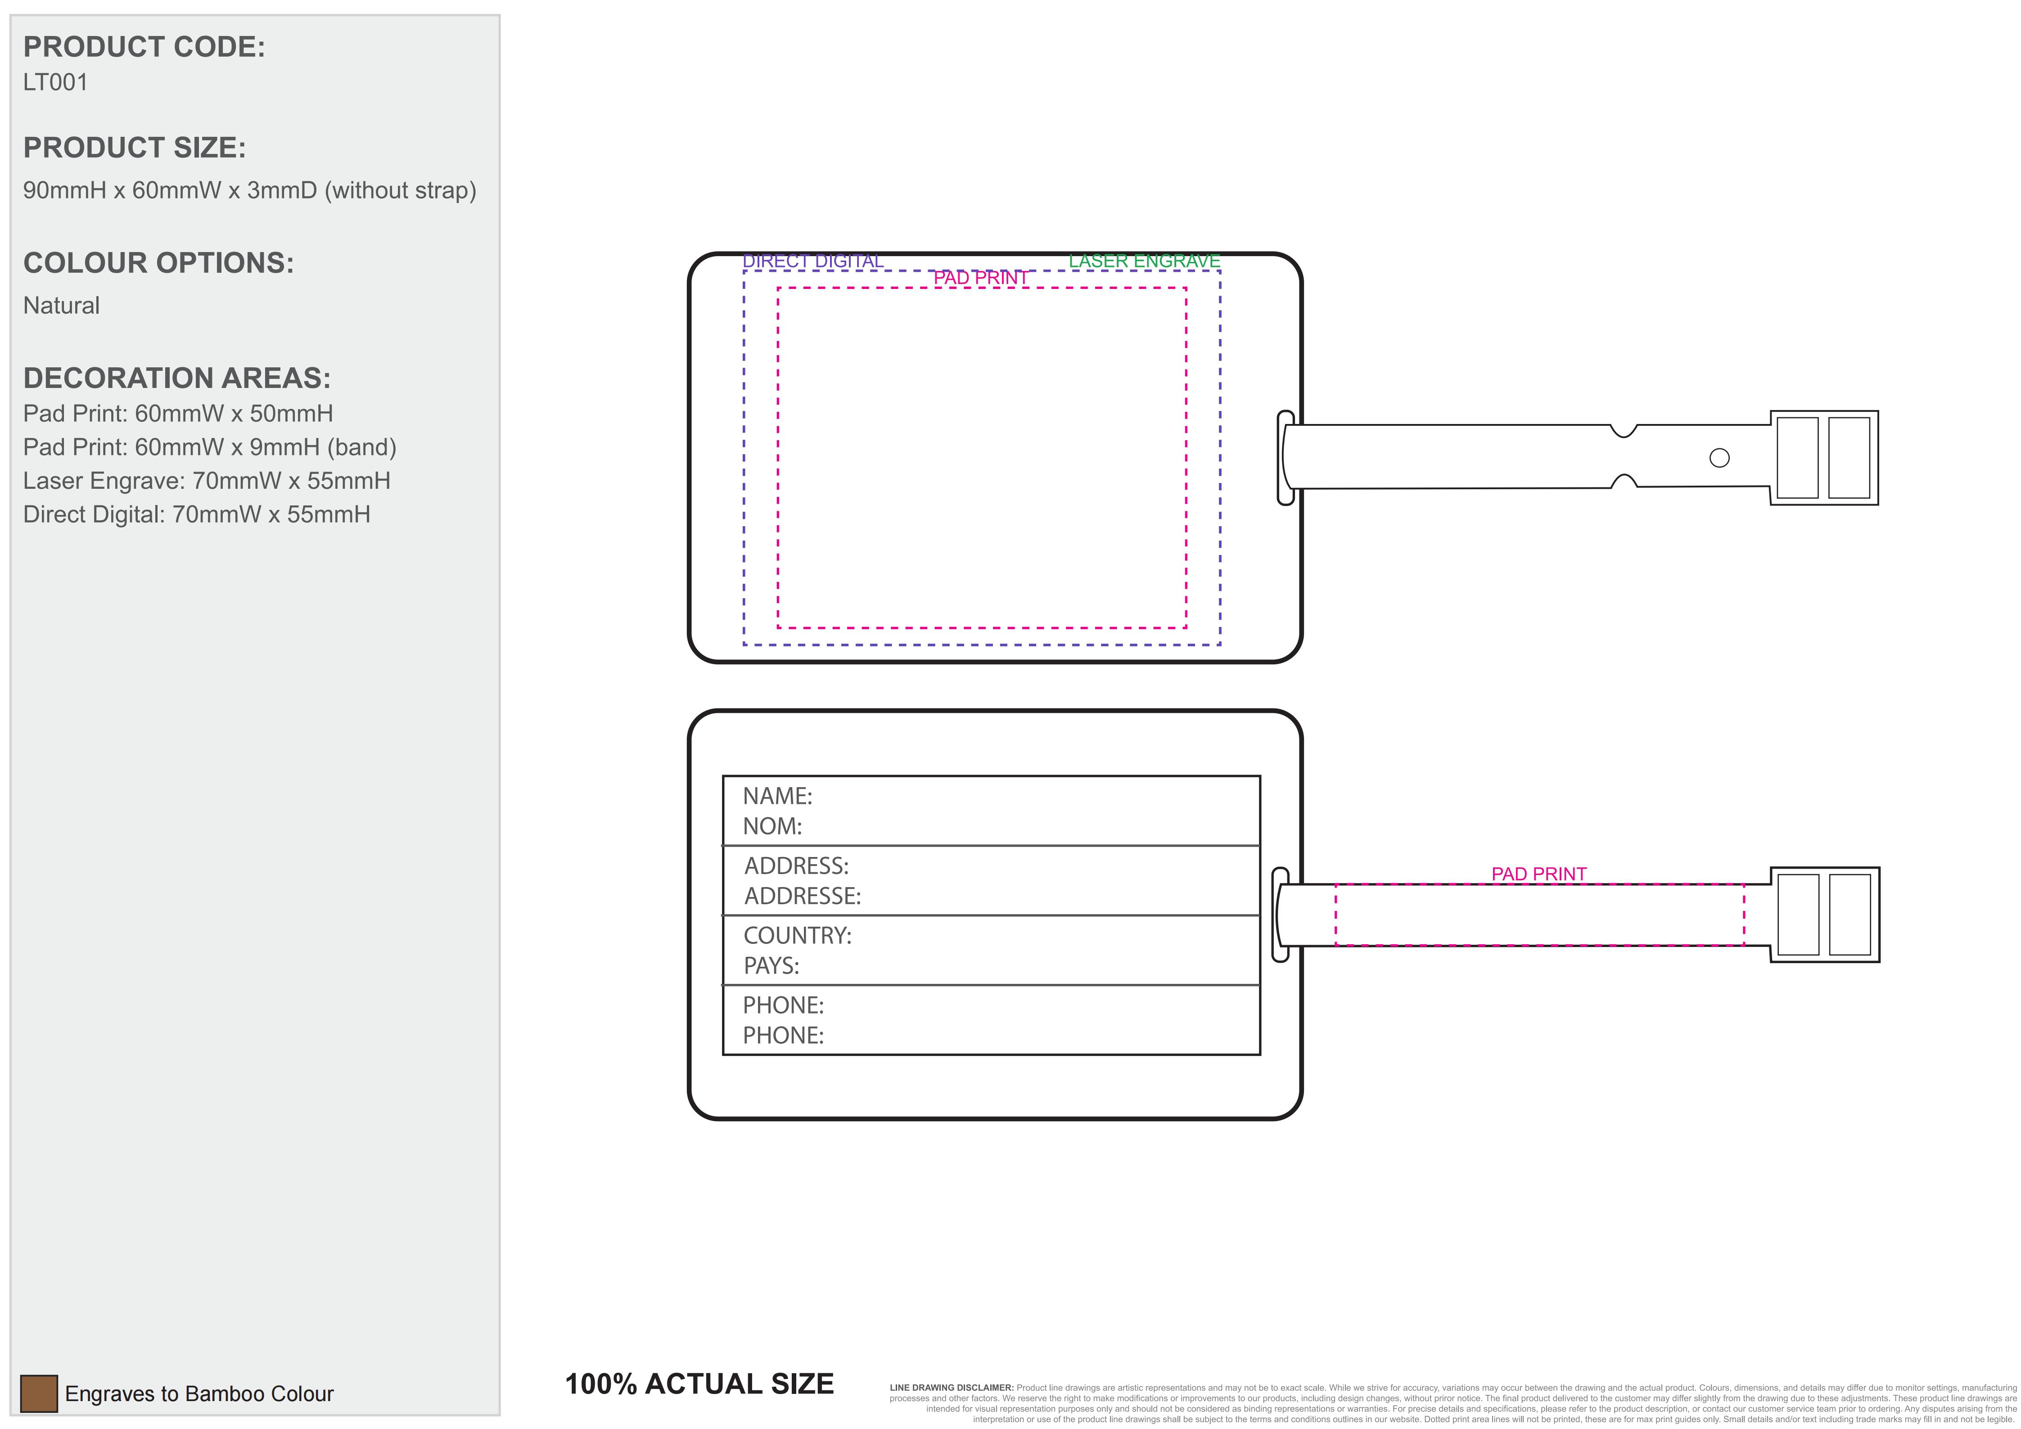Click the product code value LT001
[x=55, y=83]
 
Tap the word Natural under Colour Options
[x=62, y=305]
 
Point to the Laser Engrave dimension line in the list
[x=207, y=480]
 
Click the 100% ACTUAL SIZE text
[x=699, y=1384]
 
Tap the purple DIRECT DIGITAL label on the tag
[x=812, y=261]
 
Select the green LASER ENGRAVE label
[x=1144, y=261]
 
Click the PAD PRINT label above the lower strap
[x=1538, y=874]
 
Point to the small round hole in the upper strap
[x=1719, y=458]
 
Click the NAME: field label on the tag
[x=777, y=796]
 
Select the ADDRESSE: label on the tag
[x=803, y=896]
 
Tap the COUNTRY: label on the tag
[x=798, y=935]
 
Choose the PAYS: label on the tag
[x=771, y=966]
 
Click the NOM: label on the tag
[x=772, y=826]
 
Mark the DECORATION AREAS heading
[x=177, y=379]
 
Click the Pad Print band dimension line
[x=209, y=447]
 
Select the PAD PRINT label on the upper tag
[x=981, y=278]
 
